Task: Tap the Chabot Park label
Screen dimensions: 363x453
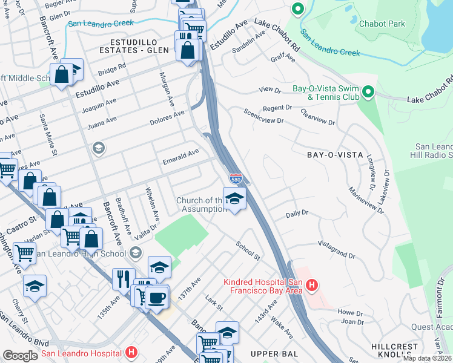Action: coord(382,24)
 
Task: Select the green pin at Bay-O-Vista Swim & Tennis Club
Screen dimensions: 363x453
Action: coord(368,93)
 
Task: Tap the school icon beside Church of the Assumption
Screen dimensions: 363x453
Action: coord(234,198)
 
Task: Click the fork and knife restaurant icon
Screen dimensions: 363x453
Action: coord(124,280)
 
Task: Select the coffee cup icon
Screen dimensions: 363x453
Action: coord(157,298)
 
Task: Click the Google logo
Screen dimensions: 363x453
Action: coord(20,356)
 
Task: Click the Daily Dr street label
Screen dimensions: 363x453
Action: coord(297,214)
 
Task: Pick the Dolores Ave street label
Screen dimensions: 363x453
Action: coord(167,118)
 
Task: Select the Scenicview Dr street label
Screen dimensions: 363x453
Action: coord(263,116)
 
